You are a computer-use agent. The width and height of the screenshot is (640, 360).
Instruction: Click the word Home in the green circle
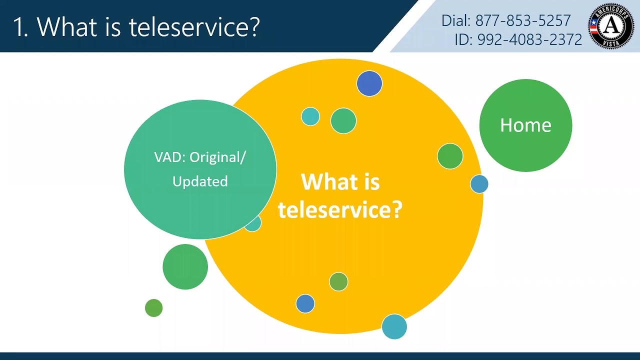[x=525, y=125]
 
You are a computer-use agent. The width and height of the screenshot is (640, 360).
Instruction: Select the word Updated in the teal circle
[x=200, y=181]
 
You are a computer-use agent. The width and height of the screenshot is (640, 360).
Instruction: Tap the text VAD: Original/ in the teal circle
[x=200, y=157]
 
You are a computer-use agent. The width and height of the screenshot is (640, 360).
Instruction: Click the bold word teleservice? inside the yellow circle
[x=340, y=209]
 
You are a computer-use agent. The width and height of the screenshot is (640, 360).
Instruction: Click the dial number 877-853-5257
[x=523, y=20]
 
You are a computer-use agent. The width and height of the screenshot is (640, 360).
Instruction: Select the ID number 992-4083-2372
[x=529, y=39]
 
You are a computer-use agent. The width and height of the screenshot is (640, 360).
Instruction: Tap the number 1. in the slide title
[x=20, y=26]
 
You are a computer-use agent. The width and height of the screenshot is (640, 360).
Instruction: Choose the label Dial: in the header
[x=456, y=20]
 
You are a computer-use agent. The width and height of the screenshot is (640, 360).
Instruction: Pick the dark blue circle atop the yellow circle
[x=369, y=83]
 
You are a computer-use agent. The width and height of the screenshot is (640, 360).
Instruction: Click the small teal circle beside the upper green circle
[x=310, y=116]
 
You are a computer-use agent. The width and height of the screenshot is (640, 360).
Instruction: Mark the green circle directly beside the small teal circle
[x=343, y=120]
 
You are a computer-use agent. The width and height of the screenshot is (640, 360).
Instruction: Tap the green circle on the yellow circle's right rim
[x=450, y=156]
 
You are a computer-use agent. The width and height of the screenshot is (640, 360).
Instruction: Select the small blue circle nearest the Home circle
[x=479, y=184]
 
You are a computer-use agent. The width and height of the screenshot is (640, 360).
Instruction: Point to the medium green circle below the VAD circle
[x=185, y=266]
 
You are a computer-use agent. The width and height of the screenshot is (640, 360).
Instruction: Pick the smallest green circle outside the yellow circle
[x=153, y=308]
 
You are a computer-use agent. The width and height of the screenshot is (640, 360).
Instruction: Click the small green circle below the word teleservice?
[x=338, y=282]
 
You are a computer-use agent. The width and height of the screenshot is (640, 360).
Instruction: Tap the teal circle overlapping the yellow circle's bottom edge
[x=394, y=327]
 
